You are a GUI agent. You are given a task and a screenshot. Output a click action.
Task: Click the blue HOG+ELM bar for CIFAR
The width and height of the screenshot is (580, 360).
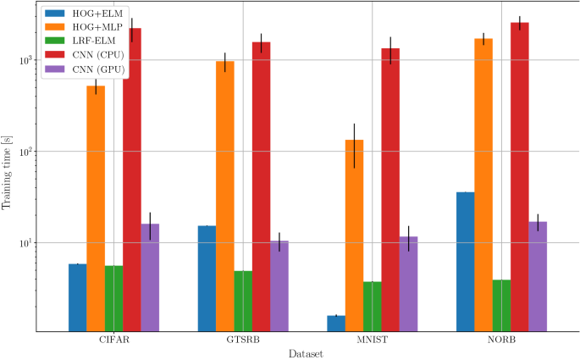pyautogui.click(x=78, y=297)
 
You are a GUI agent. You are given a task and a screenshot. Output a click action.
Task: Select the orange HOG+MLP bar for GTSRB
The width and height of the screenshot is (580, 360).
pyautogui.click(x=224, y=196)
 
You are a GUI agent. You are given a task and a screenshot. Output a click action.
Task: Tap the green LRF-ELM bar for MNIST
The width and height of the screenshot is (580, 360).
pyautogui.click(x=372, y=307)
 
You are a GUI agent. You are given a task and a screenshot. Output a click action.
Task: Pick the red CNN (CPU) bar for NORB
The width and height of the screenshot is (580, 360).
pyautogui.click(x=519, y=177)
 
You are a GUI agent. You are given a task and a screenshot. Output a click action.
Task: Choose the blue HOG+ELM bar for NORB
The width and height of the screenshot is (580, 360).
pyautogui.click(x=465, y=262)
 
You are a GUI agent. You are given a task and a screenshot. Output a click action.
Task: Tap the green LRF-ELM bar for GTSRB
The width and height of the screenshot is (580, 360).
pyautogui.click(x=243, y=302)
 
